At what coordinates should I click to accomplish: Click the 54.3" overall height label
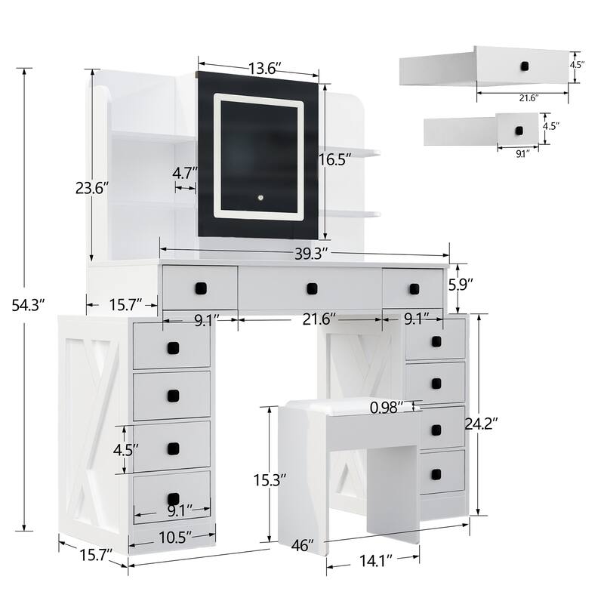(x=29, y=304)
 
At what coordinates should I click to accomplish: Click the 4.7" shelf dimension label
(x=184, y=173)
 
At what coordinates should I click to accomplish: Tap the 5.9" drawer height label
(x=461, y=285)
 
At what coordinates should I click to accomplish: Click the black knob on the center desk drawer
(x=310, y=288)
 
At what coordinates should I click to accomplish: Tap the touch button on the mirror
(x=259, y=199)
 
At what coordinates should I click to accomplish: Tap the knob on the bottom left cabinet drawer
(x=173, y=498)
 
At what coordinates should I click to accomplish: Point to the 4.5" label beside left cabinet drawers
(x=126, y=450)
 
